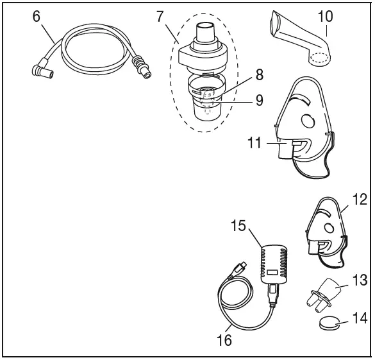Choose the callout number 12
pos(359,199)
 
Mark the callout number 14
pos(359,318)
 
